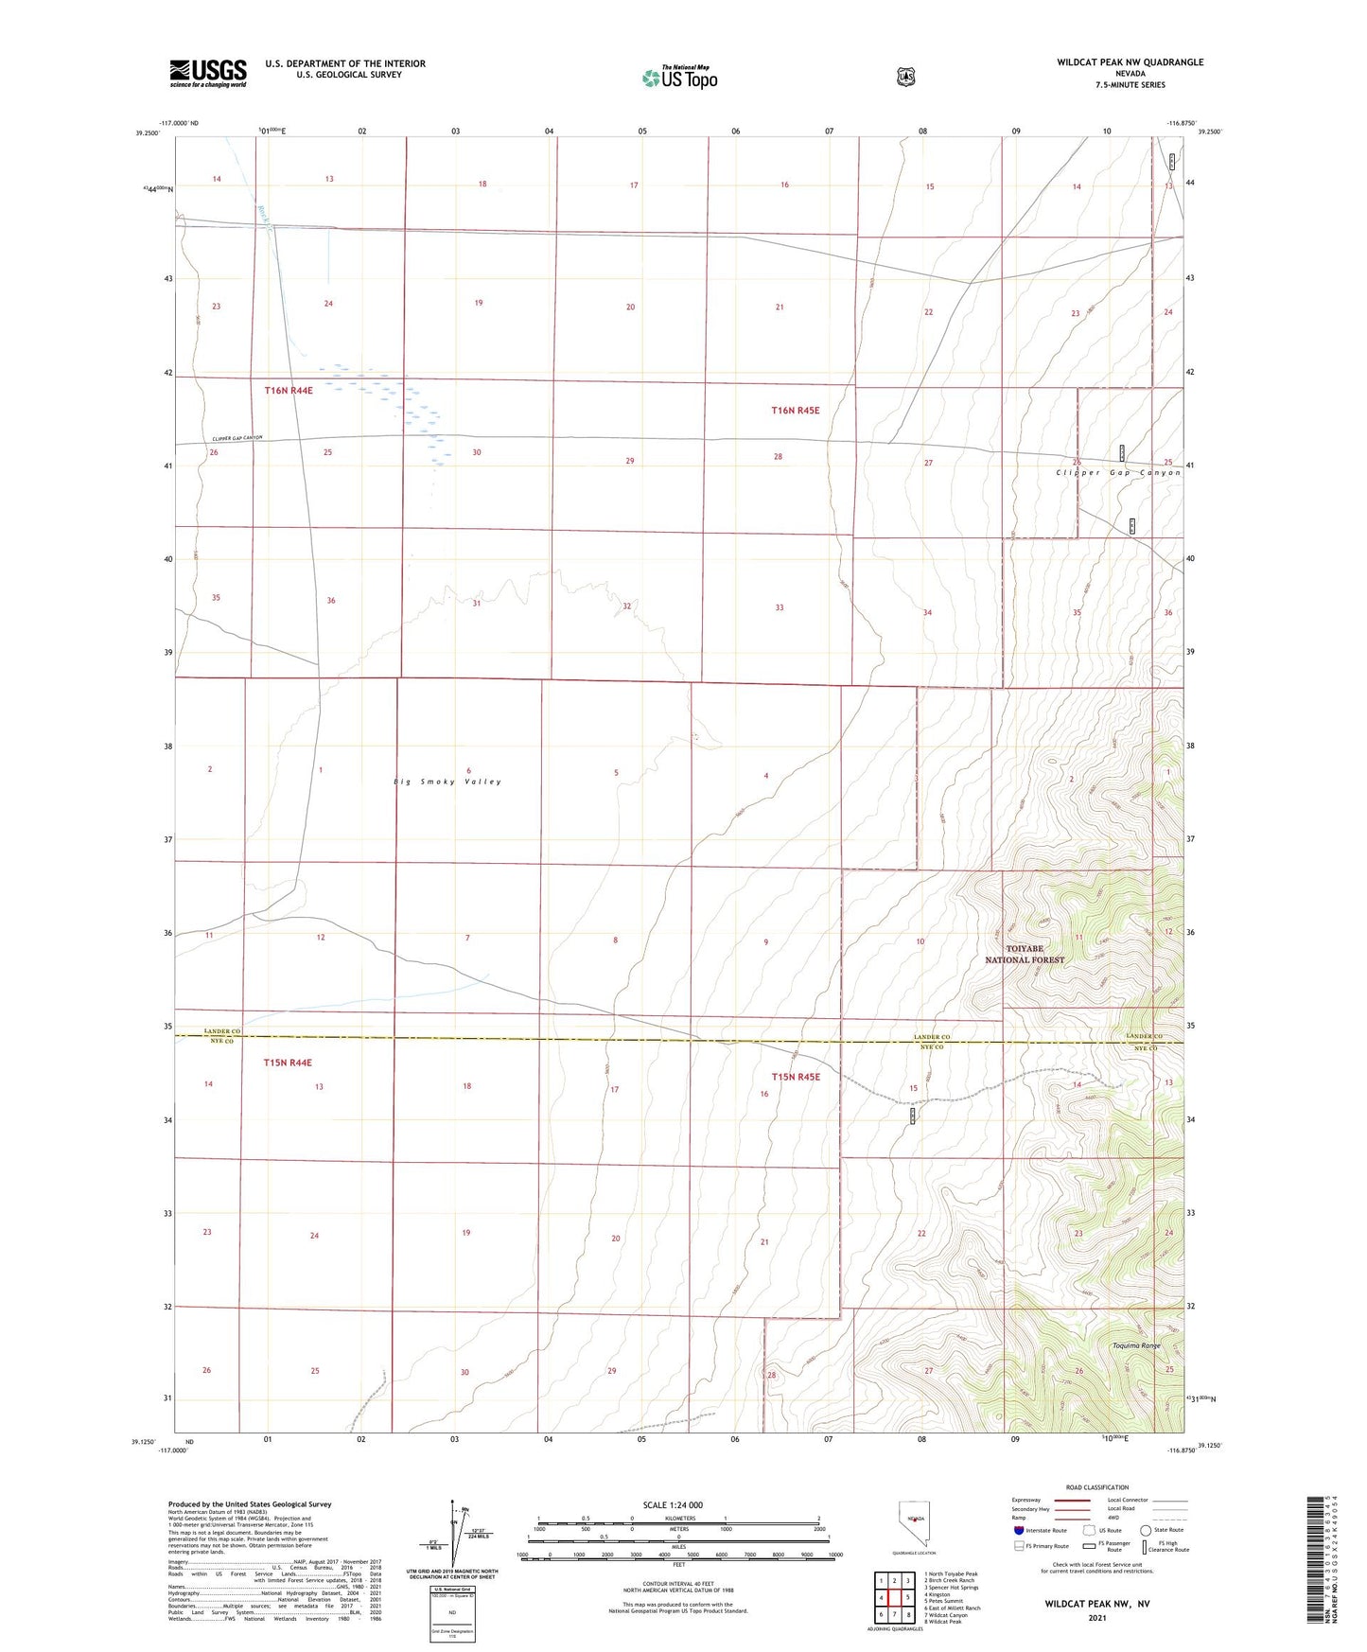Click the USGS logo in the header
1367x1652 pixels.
tap(207, 73)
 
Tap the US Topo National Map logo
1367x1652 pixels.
tap(678, 78)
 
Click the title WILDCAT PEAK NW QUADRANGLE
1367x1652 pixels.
tap(1130, 62)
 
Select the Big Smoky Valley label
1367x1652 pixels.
tap(447, 782)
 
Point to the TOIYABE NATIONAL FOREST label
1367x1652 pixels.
tap(1025, 954)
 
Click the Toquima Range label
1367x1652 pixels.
tap(1135, 1345)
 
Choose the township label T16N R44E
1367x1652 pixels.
tap(288, 390)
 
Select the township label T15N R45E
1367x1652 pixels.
tap(795, 1077)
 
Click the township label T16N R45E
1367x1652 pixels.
tap(795, 411)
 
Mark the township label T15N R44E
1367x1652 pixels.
tap(288, 1063)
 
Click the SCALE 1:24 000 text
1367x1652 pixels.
tap(673, 1504)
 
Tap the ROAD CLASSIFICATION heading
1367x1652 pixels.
tap(1096, 1487)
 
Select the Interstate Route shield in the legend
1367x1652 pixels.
tap(1018, 1530)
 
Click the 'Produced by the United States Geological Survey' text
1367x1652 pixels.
tap(250, 1503)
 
